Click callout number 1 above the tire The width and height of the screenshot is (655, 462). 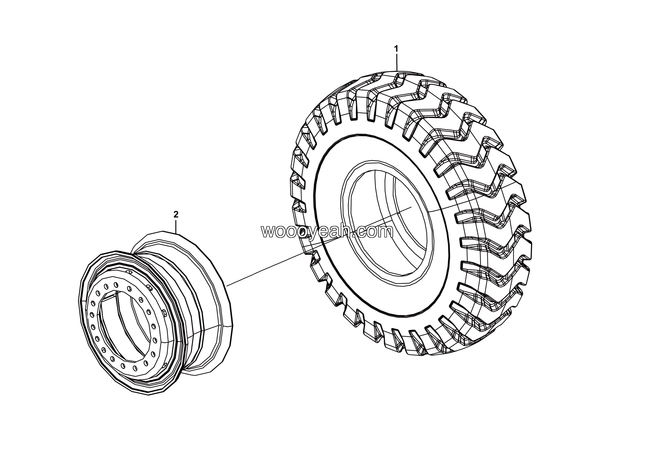coord(396,49)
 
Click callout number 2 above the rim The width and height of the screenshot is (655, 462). coord(176,214)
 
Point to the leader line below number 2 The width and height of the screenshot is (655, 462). coord(176,226)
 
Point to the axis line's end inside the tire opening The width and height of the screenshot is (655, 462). coord(411,207)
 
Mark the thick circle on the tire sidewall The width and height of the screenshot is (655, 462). coord(314,199)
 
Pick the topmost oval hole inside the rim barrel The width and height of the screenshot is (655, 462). coord(130,272)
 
